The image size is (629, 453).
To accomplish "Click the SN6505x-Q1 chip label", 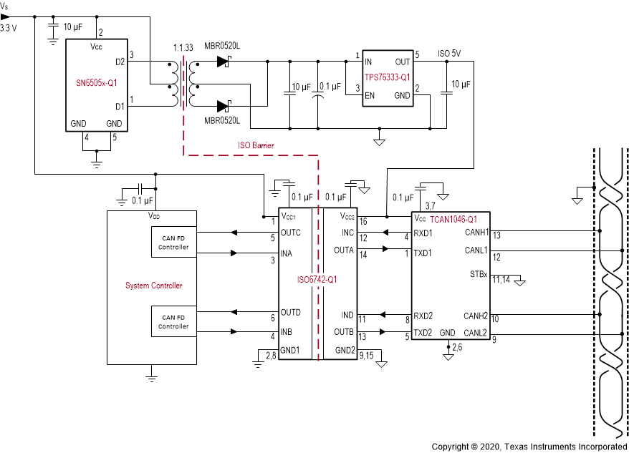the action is (x=96, y=82).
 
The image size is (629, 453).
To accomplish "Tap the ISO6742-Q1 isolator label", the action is (x=317, y=279).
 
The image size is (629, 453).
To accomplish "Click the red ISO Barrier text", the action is (x=256, y=145).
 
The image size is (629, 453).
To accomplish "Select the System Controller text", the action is (x=153, y=286).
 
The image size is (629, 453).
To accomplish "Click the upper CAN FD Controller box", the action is (x=174, y=243).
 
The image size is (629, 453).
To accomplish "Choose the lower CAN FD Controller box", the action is (x=174, y=322).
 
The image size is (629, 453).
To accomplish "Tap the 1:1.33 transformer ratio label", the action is (x=183, y=47).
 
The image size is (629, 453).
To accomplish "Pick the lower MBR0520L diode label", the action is (x=222, y=120).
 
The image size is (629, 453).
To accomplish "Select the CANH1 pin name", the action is (x=476, y=232).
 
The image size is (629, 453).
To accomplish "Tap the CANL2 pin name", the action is (x=476, y=333).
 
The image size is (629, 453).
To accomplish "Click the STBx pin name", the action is (x=478, y=274).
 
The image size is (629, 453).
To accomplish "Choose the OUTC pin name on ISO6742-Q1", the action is (x=292, y=232).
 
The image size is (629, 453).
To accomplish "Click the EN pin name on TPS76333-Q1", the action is (x=370, y=95).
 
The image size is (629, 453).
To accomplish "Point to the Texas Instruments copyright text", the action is (x=529, y=446).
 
